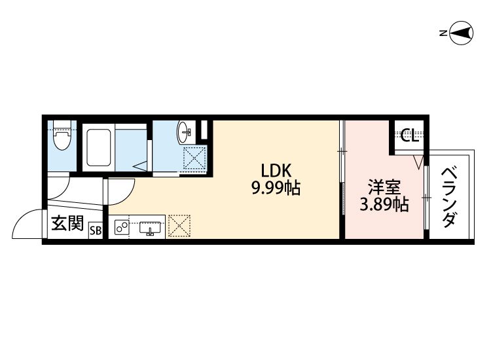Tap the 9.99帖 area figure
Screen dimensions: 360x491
[276, 190]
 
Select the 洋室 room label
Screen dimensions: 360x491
[383, 187]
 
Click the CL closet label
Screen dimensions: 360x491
[409, 136]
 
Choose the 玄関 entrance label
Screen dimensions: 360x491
[67, 225]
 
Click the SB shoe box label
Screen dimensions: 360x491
[96, 230]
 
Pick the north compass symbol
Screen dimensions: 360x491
[462, 33]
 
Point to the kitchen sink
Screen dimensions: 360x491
[151, 228]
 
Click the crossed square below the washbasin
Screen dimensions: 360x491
[194, 158]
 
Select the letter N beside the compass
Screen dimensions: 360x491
[443, 33]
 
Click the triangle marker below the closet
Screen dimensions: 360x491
[419, 160]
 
